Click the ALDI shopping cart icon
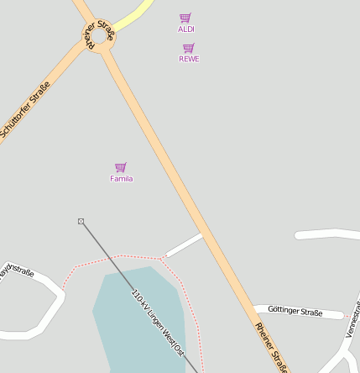(x=185, y=18)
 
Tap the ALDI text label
(x=186, y=29)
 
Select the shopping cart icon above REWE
(x=189, y=48)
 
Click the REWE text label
(x=189, y=59)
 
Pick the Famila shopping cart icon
(x=121, y=167)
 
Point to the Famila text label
(x=121, y=179)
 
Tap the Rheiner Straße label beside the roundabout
(x=98, y=34)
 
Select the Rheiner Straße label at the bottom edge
(x=271, y=345)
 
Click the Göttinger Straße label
(x=295, y=312)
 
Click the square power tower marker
(x=81, y=222)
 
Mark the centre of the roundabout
(x=102, y=39)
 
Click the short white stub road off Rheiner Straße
(x=184, y=245)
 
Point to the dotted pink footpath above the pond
(x=117, y=256)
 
